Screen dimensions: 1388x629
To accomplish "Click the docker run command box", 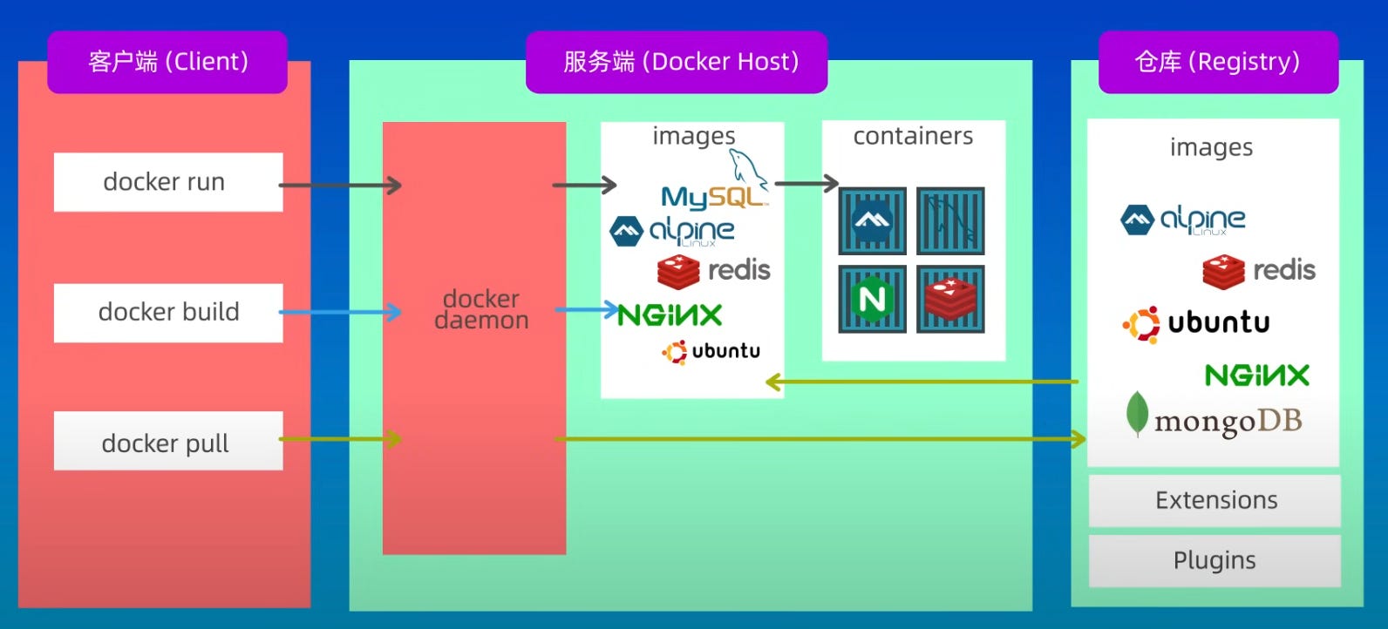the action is tap(168, 182).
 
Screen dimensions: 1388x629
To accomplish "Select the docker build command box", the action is tap(168, 313).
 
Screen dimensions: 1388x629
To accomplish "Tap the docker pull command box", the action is tap(168, 441).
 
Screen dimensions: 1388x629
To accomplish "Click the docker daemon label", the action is tap(481, 309).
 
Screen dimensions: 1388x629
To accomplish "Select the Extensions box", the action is tap(1214, 500).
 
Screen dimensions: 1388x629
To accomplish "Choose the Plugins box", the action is tap(1214, 561).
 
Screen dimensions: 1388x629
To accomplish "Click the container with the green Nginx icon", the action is tap(873, 299).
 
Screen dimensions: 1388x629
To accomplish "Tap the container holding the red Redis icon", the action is tap(950, 299).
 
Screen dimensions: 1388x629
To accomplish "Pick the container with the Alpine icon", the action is tap(873, 221).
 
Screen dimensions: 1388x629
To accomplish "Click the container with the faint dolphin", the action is tap(950, 221).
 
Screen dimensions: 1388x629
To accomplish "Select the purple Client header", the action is tap(167, 62).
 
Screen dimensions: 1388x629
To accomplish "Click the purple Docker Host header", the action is tap(677, 62).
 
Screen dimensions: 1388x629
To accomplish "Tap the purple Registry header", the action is tap(1219, 62).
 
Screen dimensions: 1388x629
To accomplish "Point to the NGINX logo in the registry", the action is tap(1257, 375).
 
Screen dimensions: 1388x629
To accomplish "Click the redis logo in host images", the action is tap(714, 271).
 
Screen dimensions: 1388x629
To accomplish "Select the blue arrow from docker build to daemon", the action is tap(340, 312).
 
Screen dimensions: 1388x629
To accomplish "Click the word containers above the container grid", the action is tap(914, 136).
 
